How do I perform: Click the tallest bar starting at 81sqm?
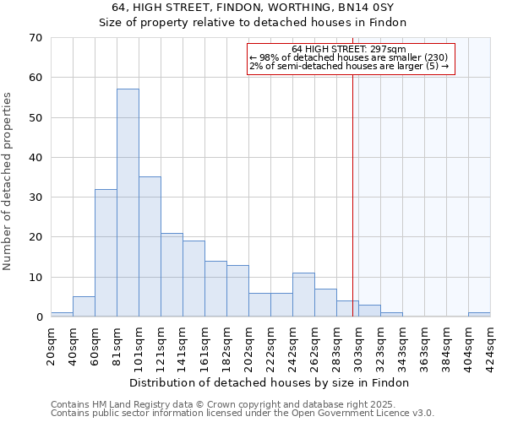(x=128, y=203)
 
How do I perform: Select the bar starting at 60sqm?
(x=106, y=253)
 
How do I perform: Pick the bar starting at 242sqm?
(x=303, y=295)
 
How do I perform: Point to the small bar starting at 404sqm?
(x=479, y=315)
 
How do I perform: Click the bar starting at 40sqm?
(x=84, y=307)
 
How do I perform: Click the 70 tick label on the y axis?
(x=35, y=38)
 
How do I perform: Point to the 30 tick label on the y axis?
(x=35, y=197)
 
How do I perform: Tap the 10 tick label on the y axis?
(x=35, y=278)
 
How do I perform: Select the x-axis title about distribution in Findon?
(x=270, y=382)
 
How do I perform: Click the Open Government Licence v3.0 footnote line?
(x=243, y=413)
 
